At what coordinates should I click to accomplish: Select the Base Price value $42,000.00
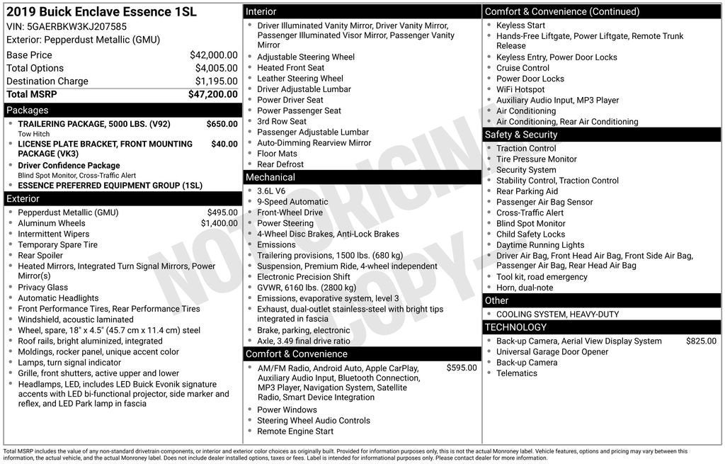[213, 55]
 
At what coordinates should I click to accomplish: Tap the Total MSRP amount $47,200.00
[212, 94]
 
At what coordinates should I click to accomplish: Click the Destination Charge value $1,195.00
[216, 81]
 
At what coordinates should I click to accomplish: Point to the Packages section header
[28, 111]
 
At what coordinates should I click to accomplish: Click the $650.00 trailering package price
[222, 124]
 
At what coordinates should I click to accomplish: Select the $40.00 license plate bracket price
[224, 144]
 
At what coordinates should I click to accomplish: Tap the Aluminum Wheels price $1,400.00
[219, 223]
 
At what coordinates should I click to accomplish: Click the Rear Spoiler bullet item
[40, 256]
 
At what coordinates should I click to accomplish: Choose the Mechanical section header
[270, 177]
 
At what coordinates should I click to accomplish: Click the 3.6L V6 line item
[271, 191]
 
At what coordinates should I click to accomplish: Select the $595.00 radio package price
[462, 368]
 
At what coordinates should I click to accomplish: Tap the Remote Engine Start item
[295, 431]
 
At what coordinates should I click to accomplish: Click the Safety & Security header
[521, 135]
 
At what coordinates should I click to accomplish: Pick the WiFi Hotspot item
[520, 89]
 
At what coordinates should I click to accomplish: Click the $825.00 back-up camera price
[701, 341]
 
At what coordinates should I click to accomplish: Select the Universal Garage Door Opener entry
[552, 352]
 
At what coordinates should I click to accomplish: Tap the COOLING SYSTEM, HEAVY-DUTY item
[557, 315]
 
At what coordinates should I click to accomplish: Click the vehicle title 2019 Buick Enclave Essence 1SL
[101, 12]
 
